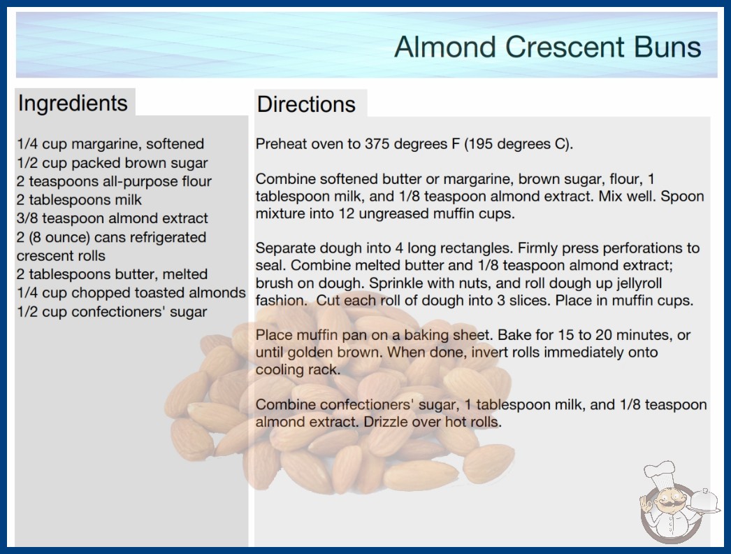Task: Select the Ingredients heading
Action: point(73,104)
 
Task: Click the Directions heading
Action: point(306,104)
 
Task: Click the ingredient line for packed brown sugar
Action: point(113,163)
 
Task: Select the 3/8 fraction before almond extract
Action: point(27,218)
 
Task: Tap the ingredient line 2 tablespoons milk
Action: point(79,200)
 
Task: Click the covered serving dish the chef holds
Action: point(704,501)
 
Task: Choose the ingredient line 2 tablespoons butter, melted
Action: point(112,274)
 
